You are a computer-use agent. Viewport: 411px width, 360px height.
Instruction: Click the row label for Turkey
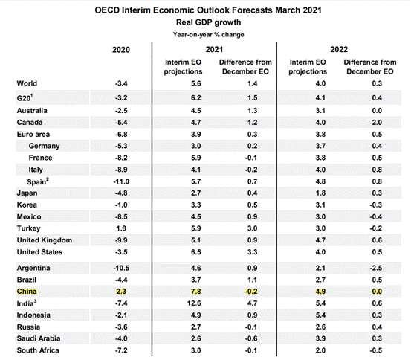28,228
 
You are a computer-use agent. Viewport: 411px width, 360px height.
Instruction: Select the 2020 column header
121,50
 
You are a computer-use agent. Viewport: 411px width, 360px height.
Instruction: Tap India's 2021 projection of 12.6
194,303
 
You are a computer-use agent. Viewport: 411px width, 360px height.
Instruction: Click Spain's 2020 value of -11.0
121,181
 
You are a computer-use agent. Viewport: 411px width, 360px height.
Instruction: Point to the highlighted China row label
27,292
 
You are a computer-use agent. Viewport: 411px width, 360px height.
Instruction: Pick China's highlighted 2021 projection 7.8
195,292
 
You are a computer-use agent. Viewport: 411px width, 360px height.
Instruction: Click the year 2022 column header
339,50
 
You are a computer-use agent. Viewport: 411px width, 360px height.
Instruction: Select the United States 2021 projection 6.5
195,252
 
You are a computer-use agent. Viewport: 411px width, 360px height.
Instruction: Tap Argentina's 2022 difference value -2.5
376,269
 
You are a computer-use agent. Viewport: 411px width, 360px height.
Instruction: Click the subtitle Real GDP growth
208,22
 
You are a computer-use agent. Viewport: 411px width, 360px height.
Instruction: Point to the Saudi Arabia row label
39,338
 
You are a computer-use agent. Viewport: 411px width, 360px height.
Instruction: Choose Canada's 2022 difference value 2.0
377,123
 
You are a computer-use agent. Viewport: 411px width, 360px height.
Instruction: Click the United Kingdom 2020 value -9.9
121,240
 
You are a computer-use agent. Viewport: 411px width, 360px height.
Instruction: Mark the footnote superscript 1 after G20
31,96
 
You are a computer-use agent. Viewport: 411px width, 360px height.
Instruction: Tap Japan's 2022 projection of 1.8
320,193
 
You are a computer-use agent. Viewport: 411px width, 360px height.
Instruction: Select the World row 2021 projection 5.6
195,84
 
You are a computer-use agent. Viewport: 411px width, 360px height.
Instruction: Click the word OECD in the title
107,10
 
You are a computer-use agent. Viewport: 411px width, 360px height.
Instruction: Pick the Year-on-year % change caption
208,35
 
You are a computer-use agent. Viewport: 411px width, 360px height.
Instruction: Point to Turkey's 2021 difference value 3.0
252,228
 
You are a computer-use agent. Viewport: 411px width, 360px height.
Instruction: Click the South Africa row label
38,350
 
